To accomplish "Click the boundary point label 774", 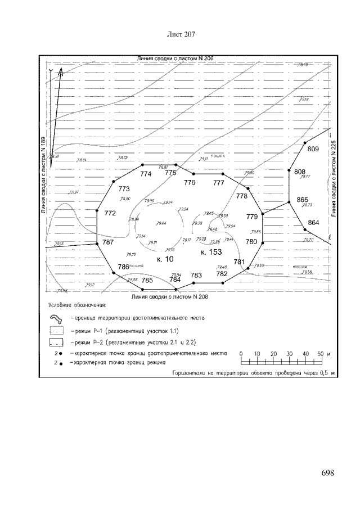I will (146, 174).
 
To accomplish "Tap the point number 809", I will (313, 149).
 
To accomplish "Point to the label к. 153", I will (211, 253).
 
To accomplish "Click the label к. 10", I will (165, 259).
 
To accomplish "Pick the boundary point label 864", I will (313, 223).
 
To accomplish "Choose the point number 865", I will (303, 200).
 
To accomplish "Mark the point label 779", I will (252, 217).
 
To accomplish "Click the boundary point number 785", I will (147, 280).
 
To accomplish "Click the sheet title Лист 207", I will (181, 34).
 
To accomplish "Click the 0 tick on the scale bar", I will (241, 354).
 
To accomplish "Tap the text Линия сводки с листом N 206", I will (171, 58).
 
